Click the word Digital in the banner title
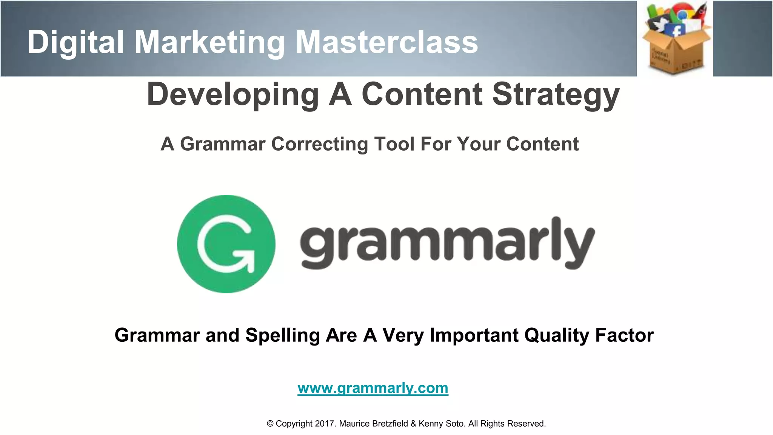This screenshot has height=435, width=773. click(75, 42)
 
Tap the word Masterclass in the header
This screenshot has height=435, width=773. click(386, 42)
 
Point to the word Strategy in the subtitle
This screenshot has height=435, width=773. click(556, 94)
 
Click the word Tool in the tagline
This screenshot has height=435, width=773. click(394, 144)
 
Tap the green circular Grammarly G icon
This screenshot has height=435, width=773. click(226, 244)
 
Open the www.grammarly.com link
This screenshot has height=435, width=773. click(373, 388)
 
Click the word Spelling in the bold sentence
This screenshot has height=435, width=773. click(283, 335)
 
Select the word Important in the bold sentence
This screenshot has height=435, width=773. click(474, 335)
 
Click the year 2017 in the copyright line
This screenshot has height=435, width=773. click(325, 424)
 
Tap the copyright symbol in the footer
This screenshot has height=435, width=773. click(270, 424)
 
